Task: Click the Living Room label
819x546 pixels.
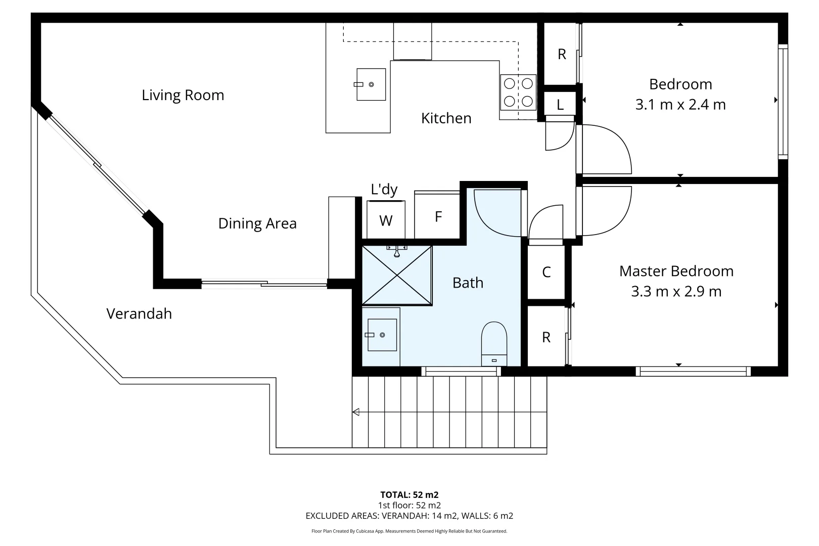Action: (183, 95)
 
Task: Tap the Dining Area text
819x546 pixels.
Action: (257, 223)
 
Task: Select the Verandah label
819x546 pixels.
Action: (139, 313)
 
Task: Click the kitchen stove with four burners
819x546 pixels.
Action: (518, 92)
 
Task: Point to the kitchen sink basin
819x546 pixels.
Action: (371, 84)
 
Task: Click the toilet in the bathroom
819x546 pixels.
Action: (494, 344)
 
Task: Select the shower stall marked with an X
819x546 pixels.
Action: (397, 275)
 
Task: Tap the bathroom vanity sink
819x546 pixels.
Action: (382, 335)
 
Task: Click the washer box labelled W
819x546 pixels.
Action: (386, 220)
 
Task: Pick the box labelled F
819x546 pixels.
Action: (438, 217)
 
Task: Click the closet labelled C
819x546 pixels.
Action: (546, 272)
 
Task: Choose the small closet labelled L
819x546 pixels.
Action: (560, 105)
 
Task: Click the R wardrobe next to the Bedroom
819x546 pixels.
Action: (561, 54)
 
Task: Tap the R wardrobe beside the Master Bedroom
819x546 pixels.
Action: (546, 337)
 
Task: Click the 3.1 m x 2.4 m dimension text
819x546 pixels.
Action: (680, 105)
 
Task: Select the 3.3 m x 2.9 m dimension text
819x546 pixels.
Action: (676, 292)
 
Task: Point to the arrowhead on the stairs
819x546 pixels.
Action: (356, 412)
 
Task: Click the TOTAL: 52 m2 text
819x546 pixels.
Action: (409, 495)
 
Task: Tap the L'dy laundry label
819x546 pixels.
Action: (384, 190)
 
